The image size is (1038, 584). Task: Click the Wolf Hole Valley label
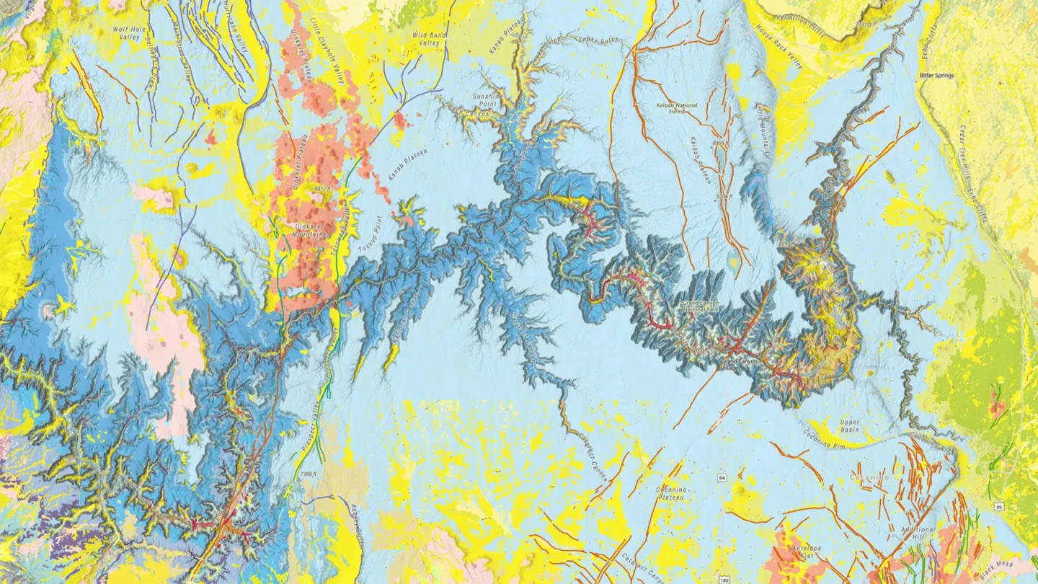click(x=124, y=32)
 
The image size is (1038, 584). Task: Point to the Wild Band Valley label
click(x=425, y=38)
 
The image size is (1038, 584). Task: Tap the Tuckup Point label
click(x=368, y=234)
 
